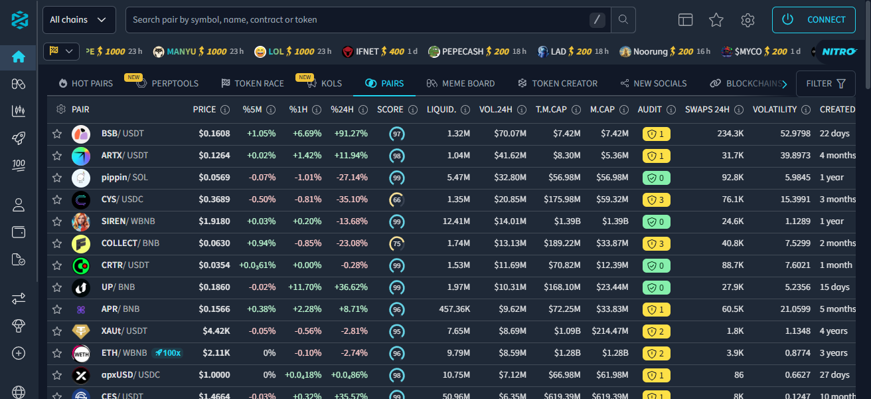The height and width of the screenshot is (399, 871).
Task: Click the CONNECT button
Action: [813, 20]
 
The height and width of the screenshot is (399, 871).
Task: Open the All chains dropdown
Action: [79, 20]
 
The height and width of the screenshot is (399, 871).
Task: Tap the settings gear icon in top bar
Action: [748, 20]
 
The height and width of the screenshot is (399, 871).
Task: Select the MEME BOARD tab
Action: [461, 83]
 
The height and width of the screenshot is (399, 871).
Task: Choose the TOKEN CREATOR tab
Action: [557, 83]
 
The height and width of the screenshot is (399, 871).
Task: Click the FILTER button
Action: [825, 83]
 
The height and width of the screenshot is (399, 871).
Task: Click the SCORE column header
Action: [390, 109]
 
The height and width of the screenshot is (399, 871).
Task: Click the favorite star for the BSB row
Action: [57, 134]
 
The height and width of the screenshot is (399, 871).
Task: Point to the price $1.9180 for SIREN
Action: [214, 221]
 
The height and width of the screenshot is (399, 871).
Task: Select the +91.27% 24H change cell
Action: [349, 134]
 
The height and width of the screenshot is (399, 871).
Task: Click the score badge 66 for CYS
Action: [397, 199]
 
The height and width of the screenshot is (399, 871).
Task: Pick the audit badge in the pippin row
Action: [657, 178]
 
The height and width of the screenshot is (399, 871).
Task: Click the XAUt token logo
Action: [80, 331]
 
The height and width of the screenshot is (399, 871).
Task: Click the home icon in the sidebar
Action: [19, 57]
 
